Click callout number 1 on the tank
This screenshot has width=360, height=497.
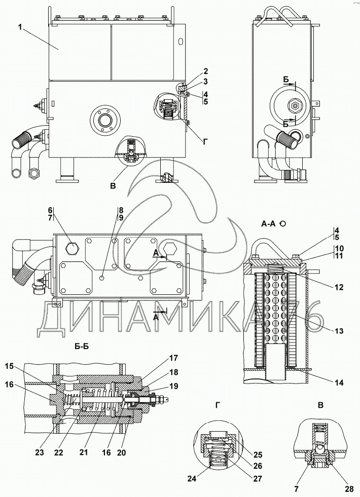pos(21,27)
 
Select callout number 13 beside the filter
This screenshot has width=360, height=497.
pos(339,331)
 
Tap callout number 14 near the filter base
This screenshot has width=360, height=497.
pos(339,383)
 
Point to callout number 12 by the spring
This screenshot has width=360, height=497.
pos(339,287)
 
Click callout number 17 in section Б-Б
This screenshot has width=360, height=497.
pos(174,358)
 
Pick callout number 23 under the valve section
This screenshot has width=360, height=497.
pos(40,452)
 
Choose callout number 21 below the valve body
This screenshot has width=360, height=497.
pos(84,452)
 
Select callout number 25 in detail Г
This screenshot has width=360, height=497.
pos(258,455)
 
